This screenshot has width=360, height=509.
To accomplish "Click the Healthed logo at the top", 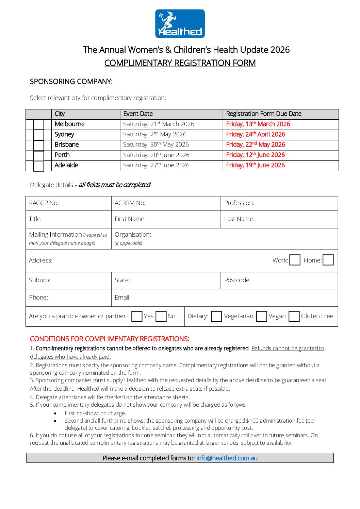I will pos(180,23).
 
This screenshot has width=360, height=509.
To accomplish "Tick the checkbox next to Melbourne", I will pos(38,124).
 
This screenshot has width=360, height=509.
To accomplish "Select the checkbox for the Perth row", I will pos(38,155).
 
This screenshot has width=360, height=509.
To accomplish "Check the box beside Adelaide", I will pos(38,166).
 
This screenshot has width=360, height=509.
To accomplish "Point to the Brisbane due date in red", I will pos(256,145).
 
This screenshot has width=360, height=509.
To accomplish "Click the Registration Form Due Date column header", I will pos(264,114).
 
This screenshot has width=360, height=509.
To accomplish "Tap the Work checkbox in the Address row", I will pos(295,260).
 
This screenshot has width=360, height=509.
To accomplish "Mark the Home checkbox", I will pos(328,260).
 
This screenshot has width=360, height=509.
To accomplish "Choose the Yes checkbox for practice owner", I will pos(137,316).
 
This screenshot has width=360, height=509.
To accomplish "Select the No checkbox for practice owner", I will pos(161,316).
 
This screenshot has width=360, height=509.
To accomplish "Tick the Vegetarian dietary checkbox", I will pos(216,316).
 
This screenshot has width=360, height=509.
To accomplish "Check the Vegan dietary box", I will pos(261,316).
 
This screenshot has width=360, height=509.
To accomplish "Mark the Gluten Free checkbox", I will pos(294,316).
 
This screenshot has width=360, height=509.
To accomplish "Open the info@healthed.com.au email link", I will pos(227,458).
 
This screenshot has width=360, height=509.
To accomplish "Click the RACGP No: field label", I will pos(44,203).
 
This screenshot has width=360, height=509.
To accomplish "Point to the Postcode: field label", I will pos(238,280).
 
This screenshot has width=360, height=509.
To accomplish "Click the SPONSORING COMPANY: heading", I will pos(71,82).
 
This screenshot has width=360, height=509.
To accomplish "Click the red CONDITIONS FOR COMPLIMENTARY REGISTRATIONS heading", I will pos(110,339).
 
